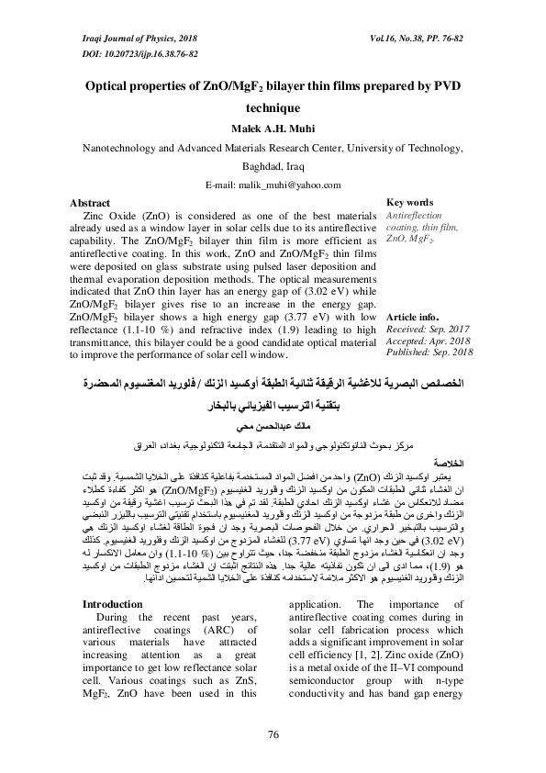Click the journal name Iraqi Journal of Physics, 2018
[127, 41]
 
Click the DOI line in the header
[120, 55]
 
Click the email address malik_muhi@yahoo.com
[273, 185]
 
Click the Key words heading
[410, 203]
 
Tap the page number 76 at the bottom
[273, 734]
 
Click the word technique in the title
[273, 106]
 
